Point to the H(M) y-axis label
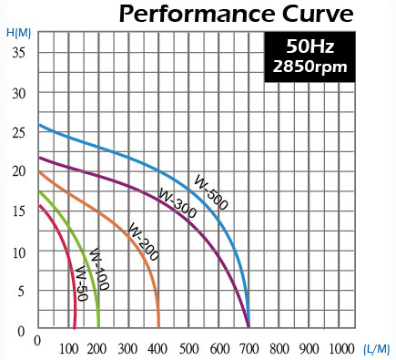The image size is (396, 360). pos(17,33)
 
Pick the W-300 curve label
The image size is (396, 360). pos(176,205)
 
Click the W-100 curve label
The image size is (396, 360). pos(97,269)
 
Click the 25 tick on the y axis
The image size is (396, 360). pos(20,132)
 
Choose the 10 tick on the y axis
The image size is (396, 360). pos(20,251)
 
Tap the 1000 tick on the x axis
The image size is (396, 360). pos(340,348)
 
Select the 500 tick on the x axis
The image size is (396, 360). pos(188,348)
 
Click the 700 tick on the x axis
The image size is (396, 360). pos(249,348)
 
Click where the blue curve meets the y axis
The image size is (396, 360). pos(38,125)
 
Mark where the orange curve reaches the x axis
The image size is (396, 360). pos(158,326)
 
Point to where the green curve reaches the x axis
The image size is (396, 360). pos(98,326)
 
